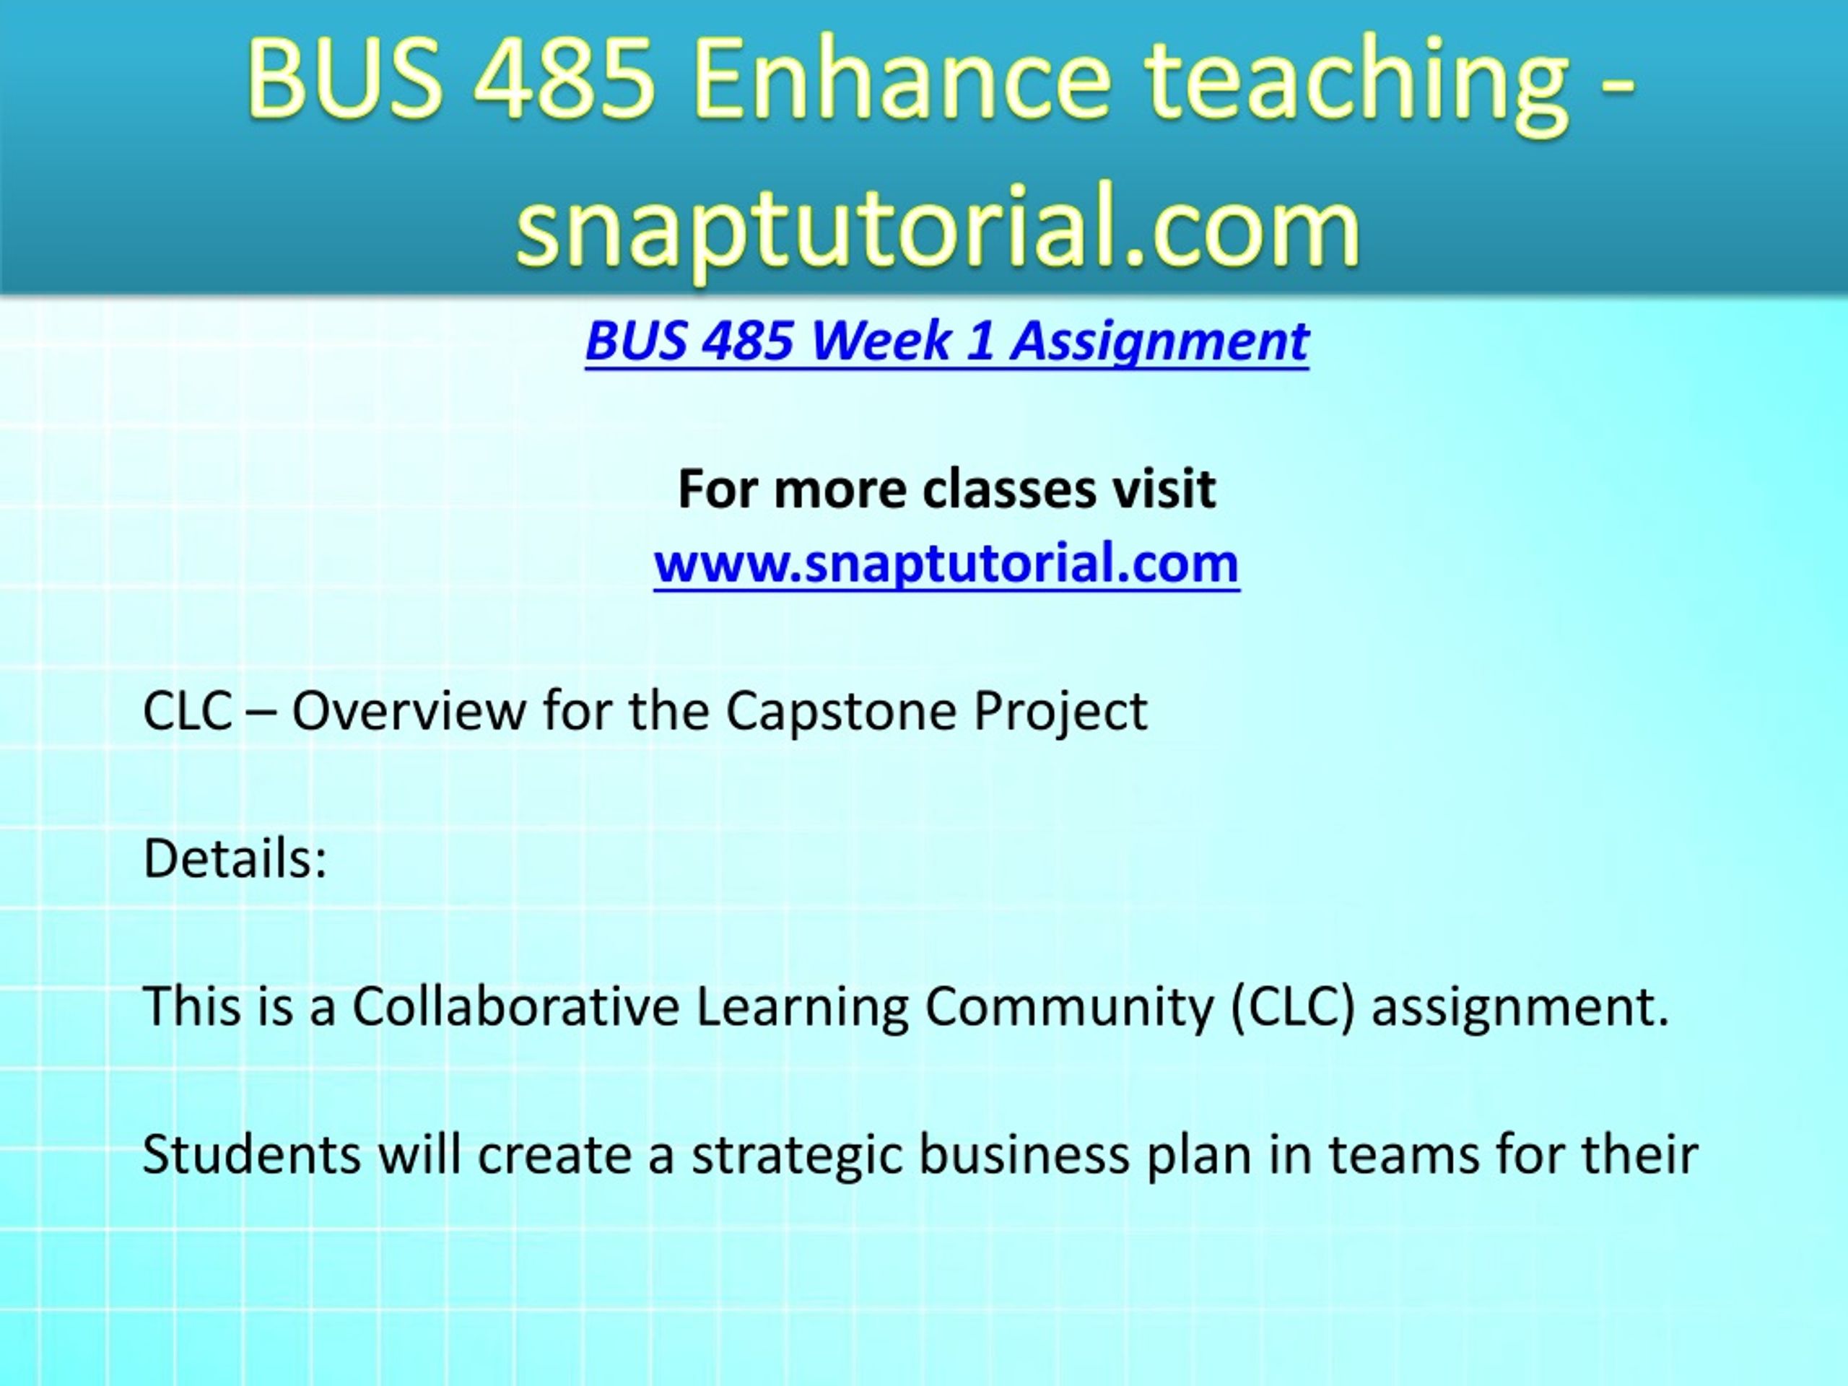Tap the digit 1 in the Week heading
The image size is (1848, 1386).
[x=981, y=341]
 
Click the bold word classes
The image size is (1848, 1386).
[x=1008, y=489]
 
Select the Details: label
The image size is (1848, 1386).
[x=235, y=858]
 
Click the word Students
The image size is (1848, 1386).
[x=253, y=1154]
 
